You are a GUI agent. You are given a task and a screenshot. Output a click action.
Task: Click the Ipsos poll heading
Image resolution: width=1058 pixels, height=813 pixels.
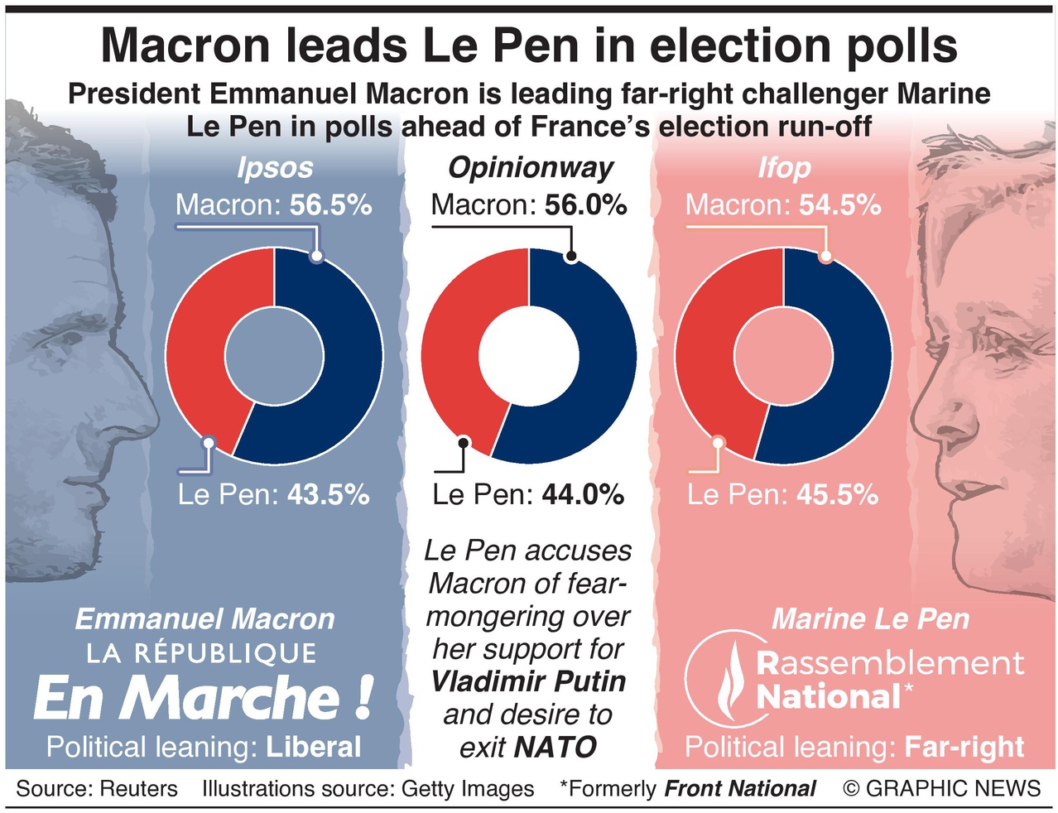pyautogui.click(x=275, y=168)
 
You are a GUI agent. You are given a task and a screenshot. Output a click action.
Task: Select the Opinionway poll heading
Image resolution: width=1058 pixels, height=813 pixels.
pyautogui.click(x=530, y=168)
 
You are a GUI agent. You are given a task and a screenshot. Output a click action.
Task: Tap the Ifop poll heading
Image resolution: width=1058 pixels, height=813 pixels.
pyautogui.click(x=784, y=168)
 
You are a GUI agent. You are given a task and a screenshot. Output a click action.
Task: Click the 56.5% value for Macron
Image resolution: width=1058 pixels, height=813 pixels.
pyautogui.click(x=330, y=204)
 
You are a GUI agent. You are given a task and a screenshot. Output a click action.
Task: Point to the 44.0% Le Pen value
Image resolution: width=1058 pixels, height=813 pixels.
pyautogui.click(x=583, y=494)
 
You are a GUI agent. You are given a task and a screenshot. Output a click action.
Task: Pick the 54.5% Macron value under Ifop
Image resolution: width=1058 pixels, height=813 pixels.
pyautogui.click(x=839, y=204)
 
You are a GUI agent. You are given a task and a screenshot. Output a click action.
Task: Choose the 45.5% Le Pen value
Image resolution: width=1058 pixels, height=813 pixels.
pyautogui.click(x=837, y=494)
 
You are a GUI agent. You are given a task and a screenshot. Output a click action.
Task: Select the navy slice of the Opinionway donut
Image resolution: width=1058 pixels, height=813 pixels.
pyautogui.click(x=604, y=356)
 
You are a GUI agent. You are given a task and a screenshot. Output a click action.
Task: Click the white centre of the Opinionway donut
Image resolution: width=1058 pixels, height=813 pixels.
pyautogui.click(x=529, y=356)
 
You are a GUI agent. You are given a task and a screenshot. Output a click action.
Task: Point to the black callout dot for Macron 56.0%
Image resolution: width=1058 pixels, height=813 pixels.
pyautogui.click(x=570, y=257)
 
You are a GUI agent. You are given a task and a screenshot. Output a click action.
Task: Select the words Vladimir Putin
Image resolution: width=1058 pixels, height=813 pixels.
pyautogui.click(x=528, y=681)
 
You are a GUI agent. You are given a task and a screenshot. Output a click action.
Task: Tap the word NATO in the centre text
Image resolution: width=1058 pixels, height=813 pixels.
pyautogui.click(x=563, y=748)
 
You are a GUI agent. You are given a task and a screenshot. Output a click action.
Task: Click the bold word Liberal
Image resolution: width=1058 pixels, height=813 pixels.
pyautogui.click(x=313, y=747)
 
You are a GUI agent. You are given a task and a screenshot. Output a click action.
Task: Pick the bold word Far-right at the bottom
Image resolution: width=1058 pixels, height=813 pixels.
pyautogui.click(x=964, y=747)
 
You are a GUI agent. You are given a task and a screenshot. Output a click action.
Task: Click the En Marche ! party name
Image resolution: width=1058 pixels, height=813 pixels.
pyautogui.click(x=203, y=698)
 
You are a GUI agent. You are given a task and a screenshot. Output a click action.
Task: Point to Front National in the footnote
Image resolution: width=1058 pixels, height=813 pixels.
pyautogui.click(x=740, y=788)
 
